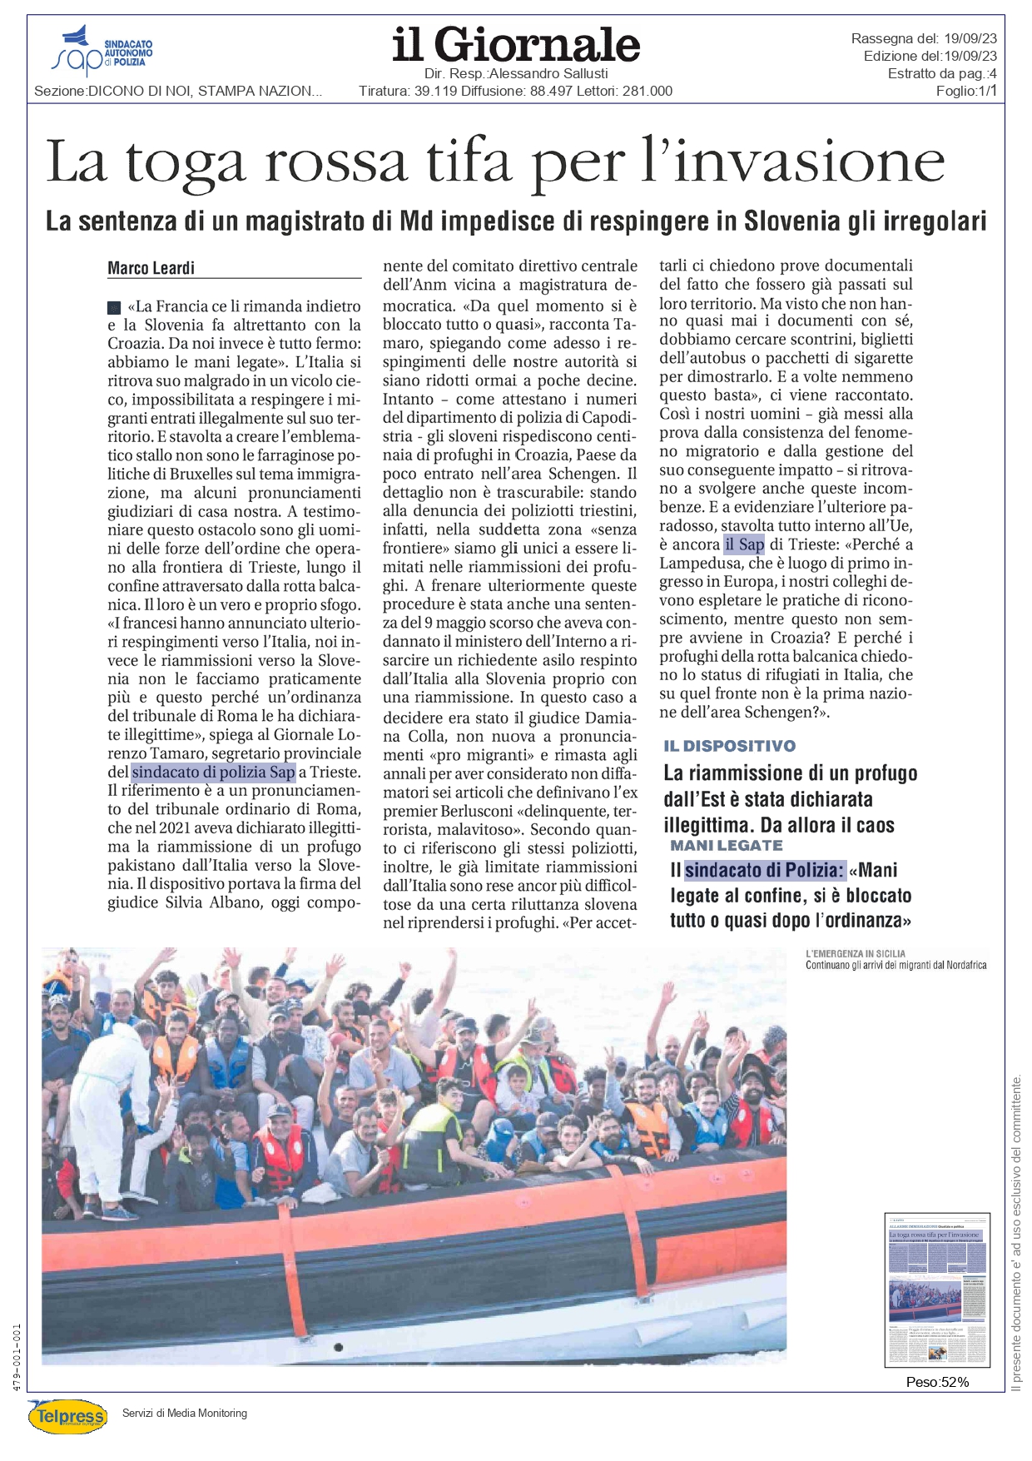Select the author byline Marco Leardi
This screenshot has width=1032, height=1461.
(151, 268)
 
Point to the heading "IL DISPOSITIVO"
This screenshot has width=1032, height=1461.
(729, 746)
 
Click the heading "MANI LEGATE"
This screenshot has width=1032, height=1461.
(727, 846)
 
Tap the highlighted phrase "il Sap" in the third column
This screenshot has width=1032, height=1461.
(744, 544)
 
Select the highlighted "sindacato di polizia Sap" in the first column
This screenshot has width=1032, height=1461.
(213, 772)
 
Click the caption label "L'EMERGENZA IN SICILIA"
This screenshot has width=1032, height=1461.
(856, 953)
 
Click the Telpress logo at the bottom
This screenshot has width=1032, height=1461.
(67, 1416)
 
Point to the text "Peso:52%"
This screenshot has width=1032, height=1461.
(937, 1382)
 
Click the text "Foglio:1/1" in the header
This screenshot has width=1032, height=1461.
(966, 92)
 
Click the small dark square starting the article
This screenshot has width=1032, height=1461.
(115, 307)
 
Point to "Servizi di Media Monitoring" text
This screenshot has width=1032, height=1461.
(185, 1413)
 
